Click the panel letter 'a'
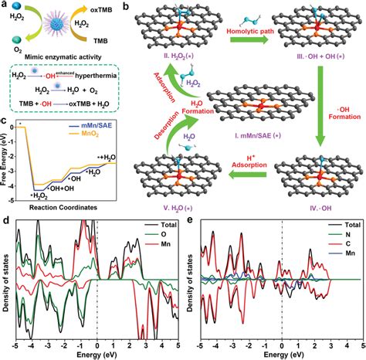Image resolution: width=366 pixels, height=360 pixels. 5,5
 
